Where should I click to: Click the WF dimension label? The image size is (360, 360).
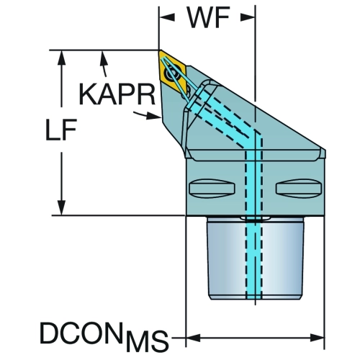208,17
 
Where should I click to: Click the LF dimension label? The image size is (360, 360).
61,129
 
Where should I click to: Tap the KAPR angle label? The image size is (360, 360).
117,94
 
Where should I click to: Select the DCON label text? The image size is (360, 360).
81,333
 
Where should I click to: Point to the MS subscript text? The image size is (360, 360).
147,341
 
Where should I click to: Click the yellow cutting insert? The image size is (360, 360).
172,71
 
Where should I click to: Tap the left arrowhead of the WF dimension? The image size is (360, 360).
167,17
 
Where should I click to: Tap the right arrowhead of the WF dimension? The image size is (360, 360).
248,17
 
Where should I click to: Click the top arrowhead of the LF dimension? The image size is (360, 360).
61,58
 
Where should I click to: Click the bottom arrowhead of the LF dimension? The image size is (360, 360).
61,208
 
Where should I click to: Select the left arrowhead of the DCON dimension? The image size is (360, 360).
193,338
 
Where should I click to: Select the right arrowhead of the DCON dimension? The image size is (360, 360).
318,338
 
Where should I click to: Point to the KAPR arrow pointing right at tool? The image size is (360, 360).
147,115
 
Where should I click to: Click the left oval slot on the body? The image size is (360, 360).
212,189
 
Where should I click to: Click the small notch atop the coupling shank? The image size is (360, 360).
256,218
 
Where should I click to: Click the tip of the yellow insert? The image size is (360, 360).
159,51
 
